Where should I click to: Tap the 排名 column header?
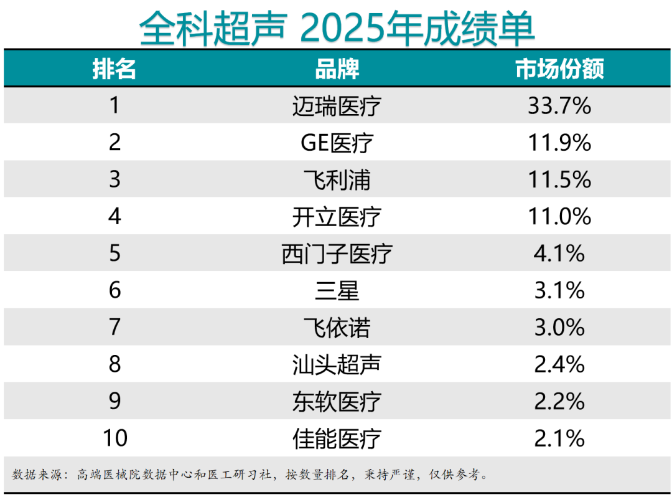114,69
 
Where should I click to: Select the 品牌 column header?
337,69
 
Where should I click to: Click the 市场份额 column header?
559,69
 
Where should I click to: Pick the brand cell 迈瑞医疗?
337,106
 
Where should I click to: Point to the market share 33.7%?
559,106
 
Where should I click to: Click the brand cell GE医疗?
337,143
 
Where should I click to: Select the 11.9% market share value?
559,143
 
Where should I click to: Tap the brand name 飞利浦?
337,180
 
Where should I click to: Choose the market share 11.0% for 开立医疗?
559,217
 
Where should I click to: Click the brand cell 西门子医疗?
337,253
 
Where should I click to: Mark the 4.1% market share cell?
559,253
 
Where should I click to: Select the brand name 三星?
337,291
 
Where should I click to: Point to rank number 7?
114,328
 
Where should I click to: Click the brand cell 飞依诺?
337,328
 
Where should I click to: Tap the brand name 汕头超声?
337,364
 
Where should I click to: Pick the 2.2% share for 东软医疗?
559,402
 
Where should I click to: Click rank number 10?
114,438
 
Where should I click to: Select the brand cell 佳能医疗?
337,438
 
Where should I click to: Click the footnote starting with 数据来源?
249,475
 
